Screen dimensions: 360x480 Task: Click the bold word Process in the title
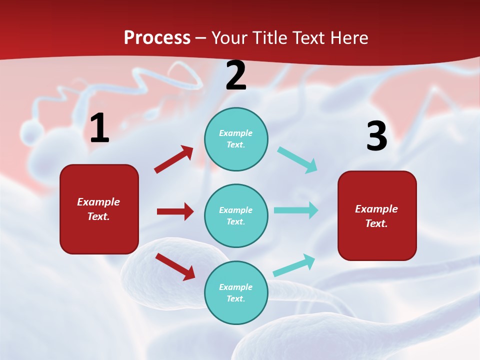click(157, 37)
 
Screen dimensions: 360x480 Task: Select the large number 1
click(99, 128)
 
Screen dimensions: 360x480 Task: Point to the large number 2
click(236, 76)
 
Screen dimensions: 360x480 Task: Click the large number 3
click(376, 136)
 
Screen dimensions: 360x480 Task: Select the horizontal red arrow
click(175, 211)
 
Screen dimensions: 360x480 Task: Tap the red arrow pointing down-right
click(175, 266)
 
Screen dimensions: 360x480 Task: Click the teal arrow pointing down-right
click(297, 160)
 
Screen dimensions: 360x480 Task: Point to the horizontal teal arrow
click(296, 210)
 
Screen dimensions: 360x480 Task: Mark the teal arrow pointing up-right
click(294, 265)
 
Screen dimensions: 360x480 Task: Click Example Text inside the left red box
click(98, 209)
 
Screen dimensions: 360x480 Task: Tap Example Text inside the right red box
click(376, 216)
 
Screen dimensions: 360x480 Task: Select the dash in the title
click(201, 38)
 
